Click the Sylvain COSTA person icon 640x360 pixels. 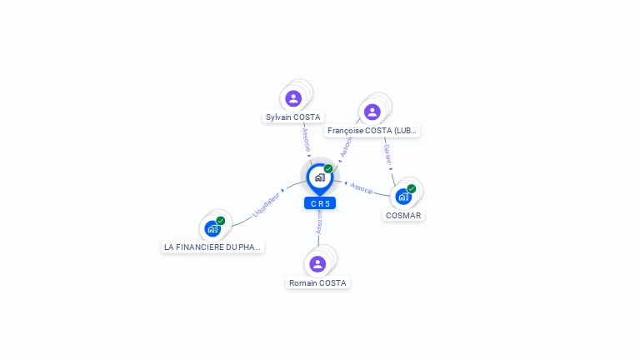(x=293, y=98)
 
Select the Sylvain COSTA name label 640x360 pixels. (x=293, y=117)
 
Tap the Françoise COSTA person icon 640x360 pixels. (x=372, y=112)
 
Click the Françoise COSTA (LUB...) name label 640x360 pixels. (x=372, y=131)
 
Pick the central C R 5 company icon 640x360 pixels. (x=319, y=177)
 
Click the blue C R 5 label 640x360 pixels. (x=320, y=203)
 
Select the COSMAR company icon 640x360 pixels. (x=403, y=197)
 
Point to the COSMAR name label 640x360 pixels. (x=403, y=215)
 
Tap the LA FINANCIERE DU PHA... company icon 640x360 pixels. (x=212, y=228)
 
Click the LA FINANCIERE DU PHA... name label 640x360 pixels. (x=212, y=247)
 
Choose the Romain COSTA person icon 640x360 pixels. (x=317, y=264)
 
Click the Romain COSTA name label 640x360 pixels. (x=317, y=283)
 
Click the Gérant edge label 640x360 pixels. (x=387, y=155)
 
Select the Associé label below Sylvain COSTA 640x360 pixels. (x=306, y=139)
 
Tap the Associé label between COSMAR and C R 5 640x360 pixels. (x=362, y=188)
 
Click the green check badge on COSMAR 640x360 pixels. (x=412, y=188)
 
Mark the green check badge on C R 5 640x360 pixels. (x=328, y=168)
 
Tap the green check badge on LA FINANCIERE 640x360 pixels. (x=221, y=220)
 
